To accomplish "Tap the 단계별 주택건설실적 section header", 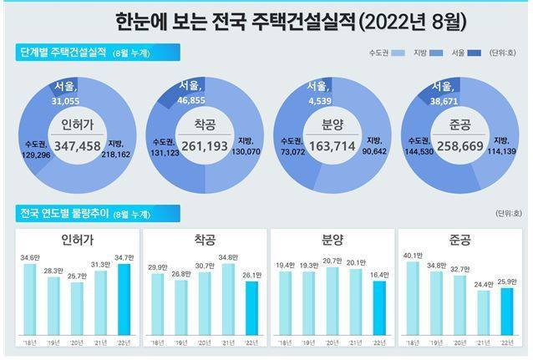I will point(65,53).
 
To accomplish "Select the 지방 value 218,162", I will point(118,154).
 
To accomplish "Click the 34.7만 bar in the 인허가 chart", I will point(124,298).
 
